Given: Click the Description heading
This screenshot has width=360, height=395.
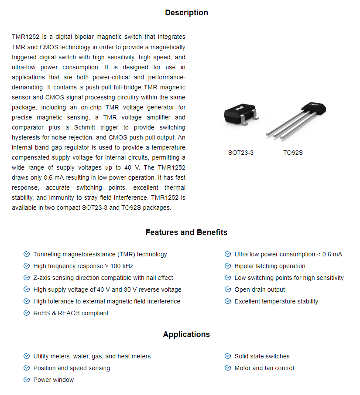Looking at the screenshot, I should tap(186, 13).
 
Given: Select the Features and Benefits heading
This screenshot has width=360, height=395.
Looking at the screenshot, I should tap(186, 232).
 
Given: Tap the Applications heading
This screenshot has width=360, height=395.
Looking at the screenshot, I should tap(186, 334).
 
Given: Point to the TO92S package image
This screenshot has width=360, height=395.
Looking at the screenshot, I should tap(297, 120).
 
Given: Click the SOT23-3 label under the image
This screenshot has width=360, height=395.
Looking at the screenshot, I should tap(241, 153).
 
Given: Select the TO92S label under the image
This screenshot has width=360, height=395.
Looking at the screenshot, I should tap(293, 153).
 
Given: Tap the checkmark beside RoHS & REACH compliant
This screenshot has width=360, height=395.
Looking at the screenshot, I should tap(27, 313).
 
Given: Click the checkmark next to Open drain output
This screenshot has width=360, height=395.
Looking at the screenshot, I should tap(228, 289).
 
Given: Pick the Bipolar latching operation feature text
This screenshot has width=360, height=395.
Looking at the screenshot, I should tap(270, 266).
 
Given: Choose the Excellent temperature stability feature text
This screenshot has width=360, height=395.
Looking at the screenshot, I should tap(276, 301).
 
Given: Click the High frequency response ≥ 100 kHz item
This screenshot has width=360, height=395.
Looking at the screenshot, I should tap(83, 266).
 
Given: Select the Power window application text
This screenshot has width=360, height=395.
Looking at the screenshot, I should tap(54, 380).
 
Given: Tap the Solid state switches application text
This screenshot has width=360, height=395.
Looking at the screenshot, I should tap(262, 356).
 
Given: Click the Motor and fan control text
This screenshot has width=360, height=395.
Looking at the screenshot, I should tap(264, 368).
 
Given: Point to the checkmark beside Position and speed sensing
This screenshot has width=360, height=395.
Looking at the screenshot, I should tap(27, 368).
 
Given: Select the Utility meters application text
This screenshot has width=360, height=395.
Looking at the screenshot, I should tap(92, 356).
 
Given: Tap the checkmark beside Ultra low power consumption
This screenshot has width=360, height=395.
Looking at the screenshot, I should tap(228, 254).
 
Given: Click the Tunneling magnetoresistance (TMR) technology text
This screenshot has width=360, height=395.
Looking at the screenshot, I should tap(100, 254).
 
